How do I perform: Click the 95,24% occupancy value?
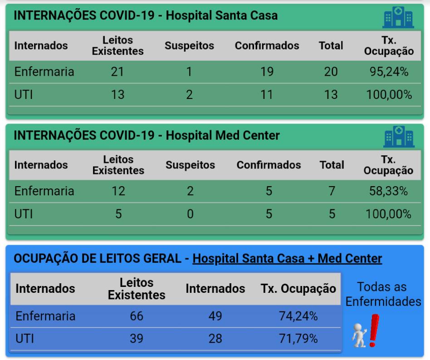point(389,72)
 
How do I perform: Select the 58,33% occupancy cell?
point(389,191)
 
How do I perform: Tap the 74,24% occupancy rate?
point(298,316)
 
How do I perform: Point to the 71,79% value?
point(298,338)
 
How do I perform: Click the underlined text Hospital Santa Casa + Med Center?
point(287,259)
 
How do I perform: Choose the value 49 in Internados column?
point(215,316)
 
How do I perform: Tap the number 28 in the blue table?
point(215,338)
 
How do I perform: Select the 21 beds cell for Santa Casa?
point(117,72)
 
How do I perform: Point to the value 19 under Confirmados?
point(267,72)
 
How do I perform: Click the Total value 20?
point(331,72)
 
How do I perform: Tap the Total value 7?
point(332,191)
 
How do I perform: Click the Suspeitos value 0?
point(190,213)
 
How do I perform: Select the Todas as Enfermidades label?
point(383,294)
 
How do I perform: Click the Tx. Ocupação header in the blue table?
point(298,289)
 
